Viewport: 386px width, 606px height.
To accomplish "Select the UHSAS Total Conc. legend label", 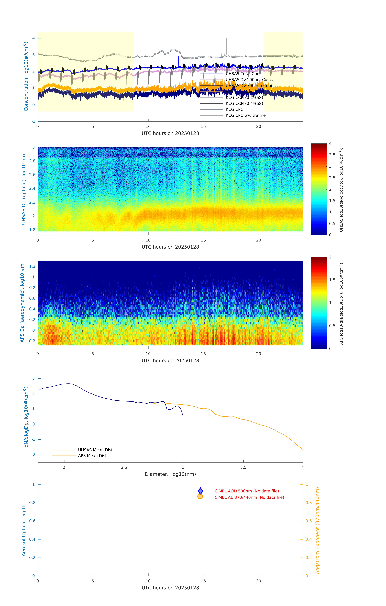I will coord(244,74).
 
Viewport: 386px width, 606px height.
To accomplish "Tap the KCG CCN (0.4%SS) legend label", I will coord(244,103).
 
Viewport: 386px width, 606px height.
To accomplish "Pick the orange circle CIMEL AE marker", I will coord(200,497).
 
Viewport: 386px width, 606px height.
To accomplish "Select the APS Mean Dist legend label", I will coord(92,456).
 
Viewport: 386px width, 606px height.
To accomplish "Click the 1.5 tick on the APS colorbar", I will coord(332,280).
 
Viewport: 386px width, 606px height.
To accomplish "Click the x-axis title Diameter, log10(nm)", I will coord(170,474).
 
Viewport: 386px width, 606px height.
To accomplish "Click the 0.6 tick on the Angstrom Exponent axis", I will coord(309,521).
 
